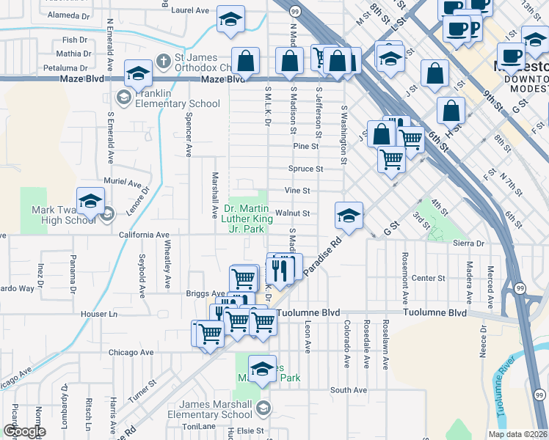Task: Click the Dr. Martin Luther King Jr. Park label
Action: tap(243, 219)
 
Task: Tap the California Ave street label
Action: tap(144, 235)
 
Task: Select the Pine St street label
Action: tap(305, 147)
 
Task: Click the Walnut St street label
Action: tap(297, 213)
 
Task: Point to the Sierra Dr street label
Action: tap(470, 243)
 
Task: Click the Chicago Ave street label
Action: tap(130, 353)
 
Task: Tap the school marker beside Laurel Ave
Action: tap(230, 21)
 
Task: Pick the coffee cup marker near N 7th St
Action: tap(511, 56)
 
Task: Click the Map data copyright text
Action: tap(517, 434)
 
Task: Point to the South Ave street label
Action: tap(349, 390)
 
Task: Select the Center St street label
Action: tap(429, 279)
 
